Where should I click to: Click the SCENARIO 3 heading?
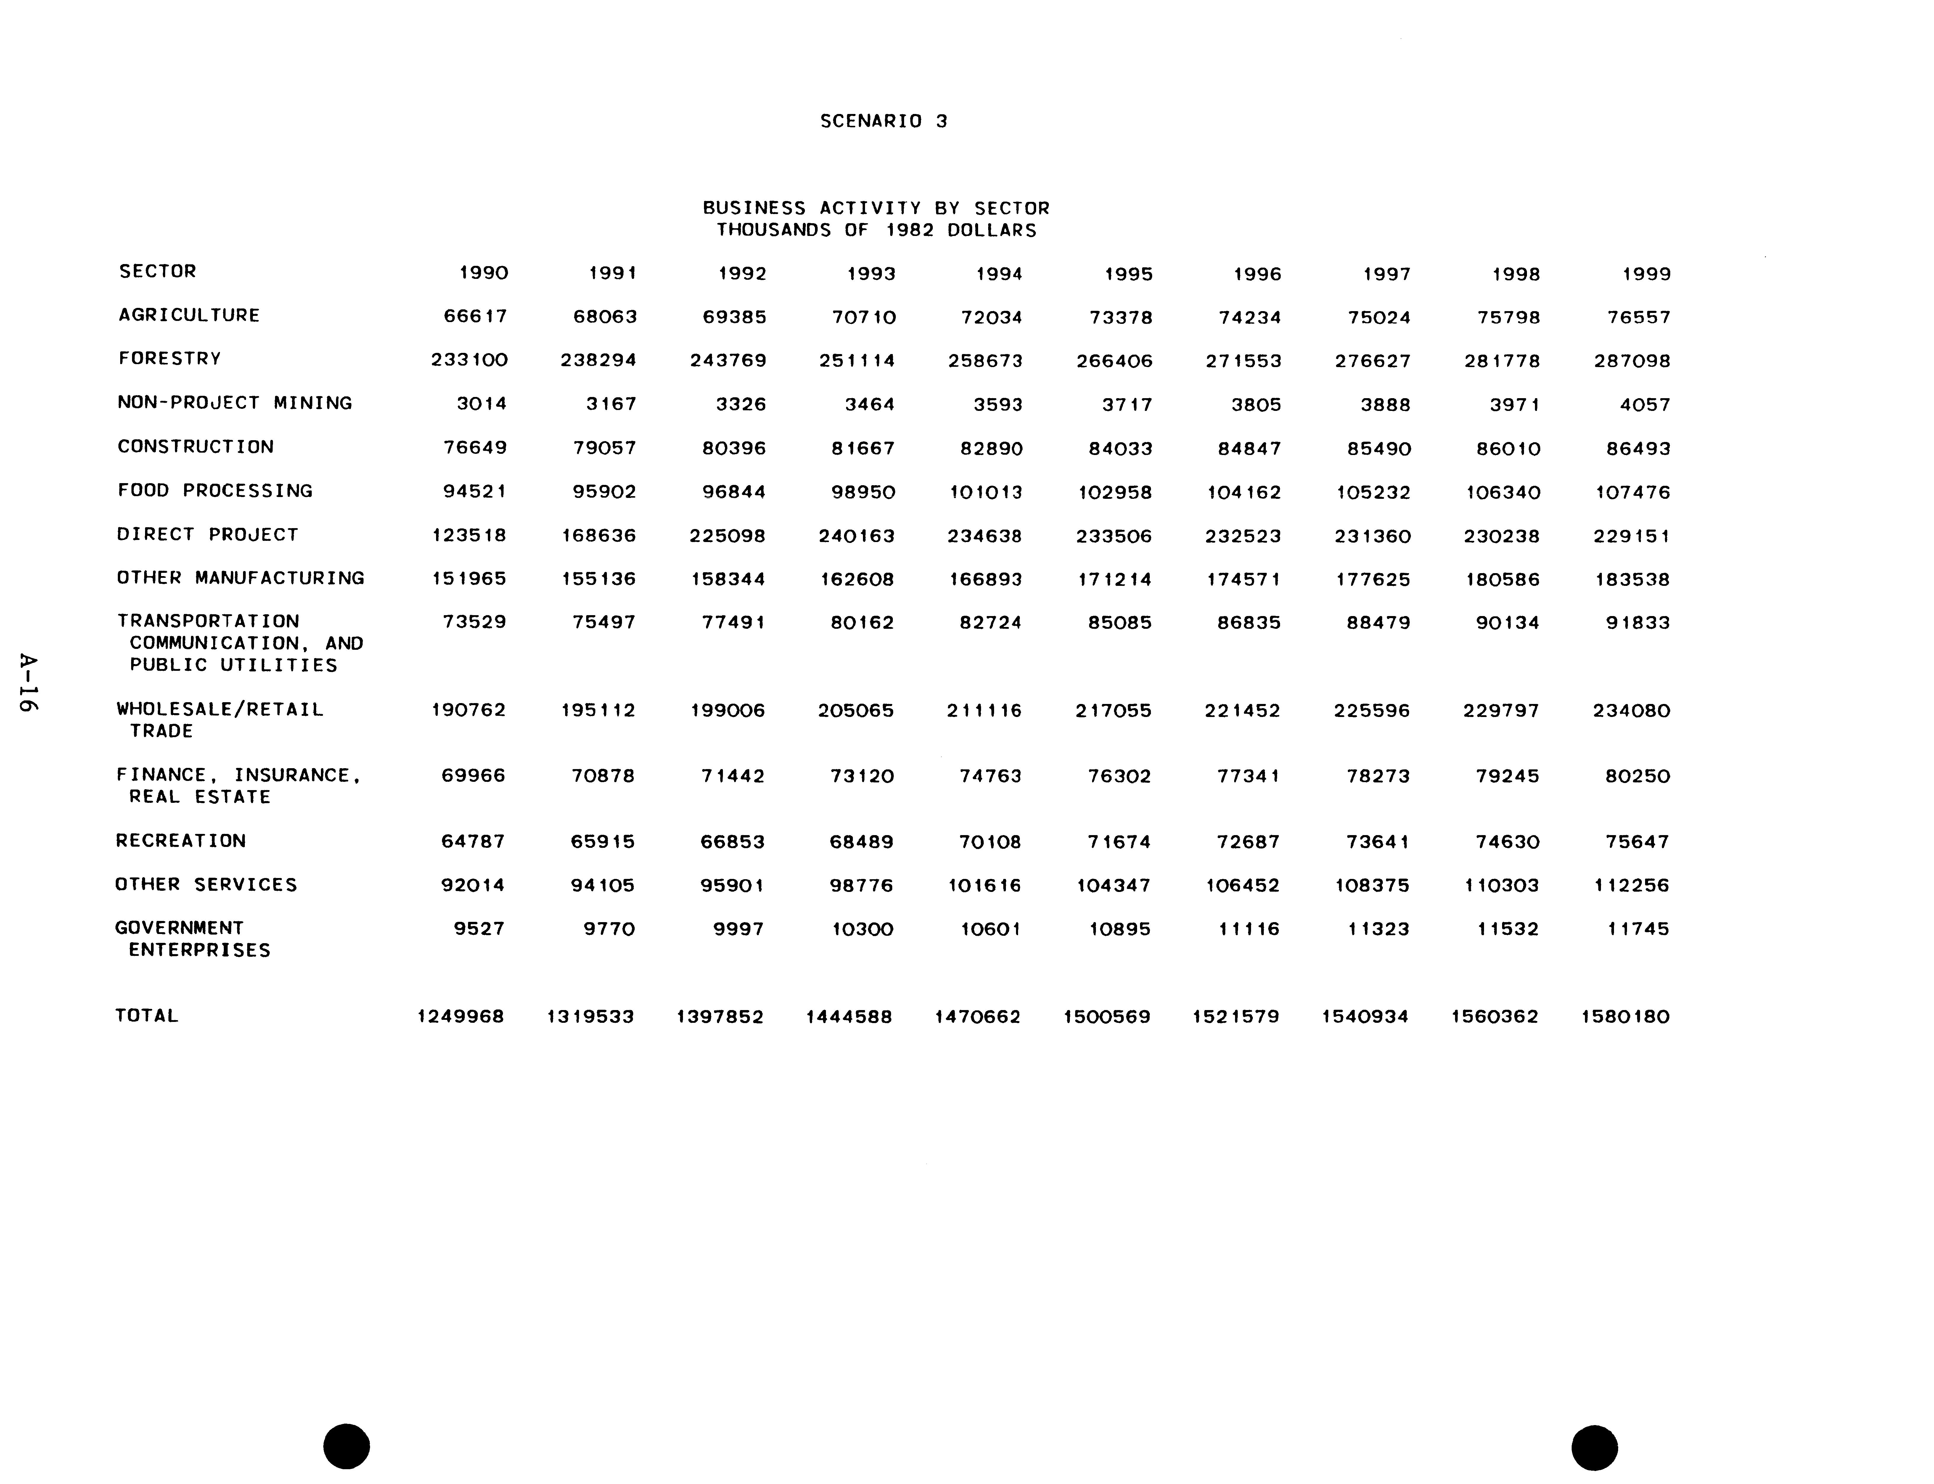tap(883, 121)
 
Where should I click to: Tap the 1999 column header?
tap(1646, 274)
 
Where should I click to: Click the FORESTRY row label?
tap(170, 358)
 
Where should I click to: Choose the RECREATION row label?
tap(181, 840)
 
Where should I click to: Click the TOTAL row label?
tap(147, 1016)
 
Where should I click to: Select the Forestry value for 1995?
tap(1115, 360)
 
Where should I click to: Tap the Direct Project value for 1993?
tap(857, 535)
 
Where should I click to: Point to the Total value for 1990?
tap(460, 1017)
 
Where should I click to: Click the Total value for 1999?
tap(1625, 1017)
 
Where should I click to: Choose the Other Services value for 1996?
tap(1242, 885)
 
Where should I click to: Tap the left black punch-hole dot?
tap(346, 1446)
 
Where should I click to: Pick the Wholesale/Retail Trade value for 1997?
tap(1372, 710)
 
